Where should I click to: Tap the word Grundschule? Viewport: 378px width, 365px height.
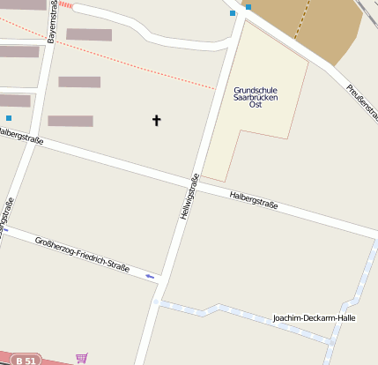256,90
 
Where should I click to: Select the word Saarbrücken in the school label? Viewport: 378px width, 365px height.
256,97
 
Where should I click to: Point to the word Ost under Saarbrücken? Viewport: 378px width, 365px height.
256,105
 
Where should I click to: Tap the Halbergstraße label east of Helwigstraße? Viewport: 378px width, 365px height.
253,200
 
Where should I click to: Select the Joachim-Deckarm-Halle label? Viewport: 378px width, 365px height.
315,317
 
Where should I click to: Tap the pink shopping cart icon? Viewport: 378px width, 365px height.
82,357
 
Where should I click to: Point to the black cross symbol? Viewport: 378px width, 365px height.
158,119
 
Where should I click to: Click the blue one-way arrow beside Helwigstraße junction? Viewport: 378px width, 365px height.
151,277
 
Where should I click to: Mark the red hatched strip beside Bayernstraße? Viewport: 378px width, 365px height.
65,5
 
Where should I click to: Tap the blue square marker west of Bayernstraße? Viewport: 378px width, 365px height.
9,118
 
